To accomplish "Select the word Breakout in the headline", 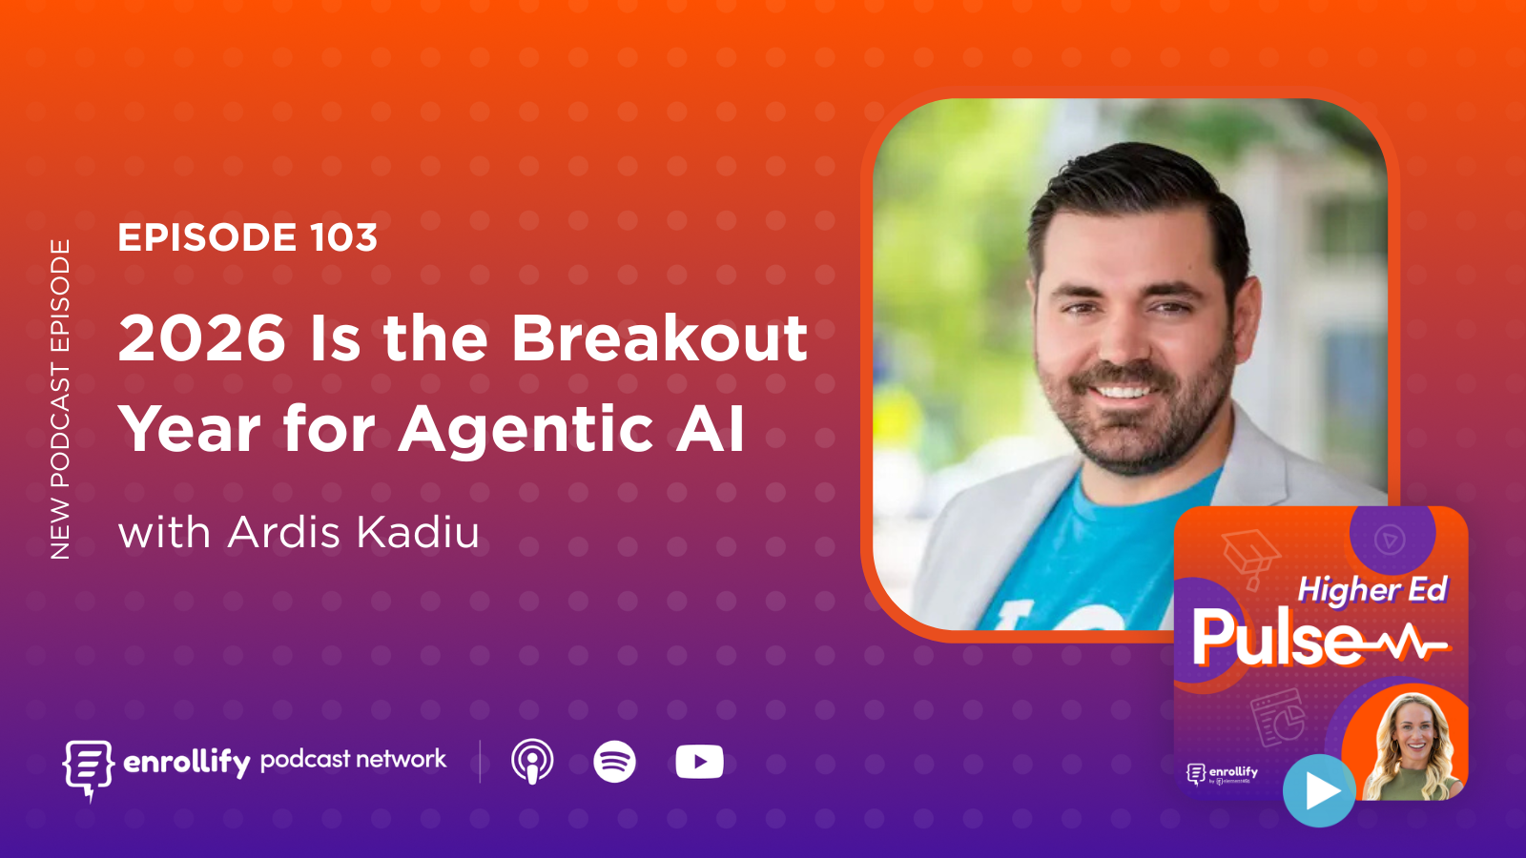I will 659,338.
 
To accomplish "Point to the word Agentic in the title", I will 526,429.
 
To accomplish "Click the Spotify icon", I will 614,762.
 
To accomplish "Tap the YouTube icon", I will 699,762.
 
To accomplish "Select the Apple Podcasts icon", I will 532,762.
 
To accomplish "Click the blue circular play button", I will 1319,790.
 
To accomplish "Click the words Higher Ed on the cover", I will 1372,590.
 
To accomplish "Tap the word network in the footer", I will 402,759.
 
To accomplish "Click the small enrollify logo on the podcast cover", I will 1222,773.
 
